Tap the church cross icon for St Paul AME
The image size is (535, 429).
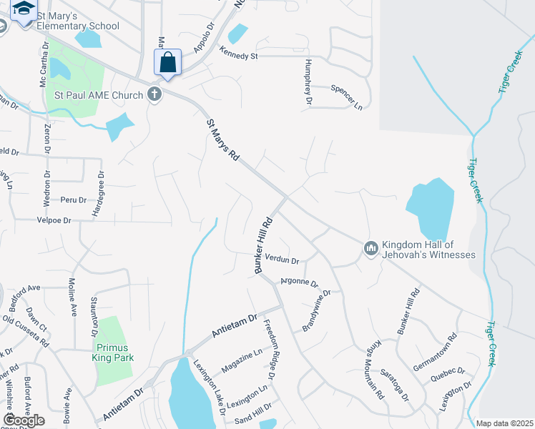pyautogui.click(x=154, y=94)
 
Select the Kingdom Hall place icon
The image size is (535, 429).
pyautogui.click(x=370, y=248)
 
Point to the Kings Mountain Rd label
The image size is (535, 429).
pyautogui.click(x=377, y=368)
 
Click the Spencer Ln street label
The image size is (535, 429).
pyautogui.click(x=346, y=96)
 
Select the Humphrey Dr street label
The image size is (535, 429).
pyautogui.click(x=309, y=82)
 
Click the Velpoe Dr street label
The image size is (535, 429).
pyautogui.click(x=54, y=221)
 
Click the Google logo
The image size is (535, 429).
pyautogui.click(x=24, y=420)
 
